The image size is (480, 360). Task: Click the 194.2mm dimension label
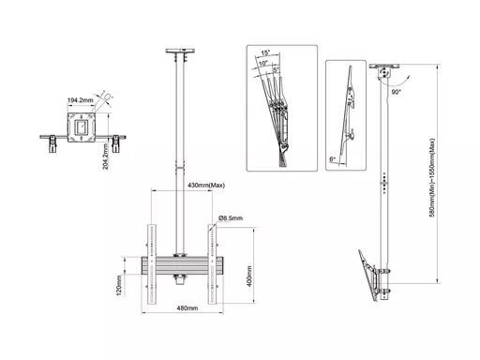[81, 100]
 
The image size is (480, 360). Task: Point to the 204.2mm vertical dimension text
[106, 157]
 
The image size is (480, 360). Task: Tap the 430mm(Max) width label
[206, 186]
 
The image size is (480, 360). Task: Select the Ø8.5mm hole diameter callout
[231, 218]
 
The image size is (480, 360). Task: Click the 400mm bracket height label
[249, 277]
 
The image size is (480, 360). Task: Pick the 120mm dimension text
[119, 286]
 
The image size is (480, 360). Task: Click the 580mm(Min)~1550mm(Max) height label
[432, 178]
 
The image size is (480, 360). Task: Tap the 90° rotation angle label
[396, 92]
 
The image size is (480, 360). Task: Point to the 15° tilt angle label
[265, 52]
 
